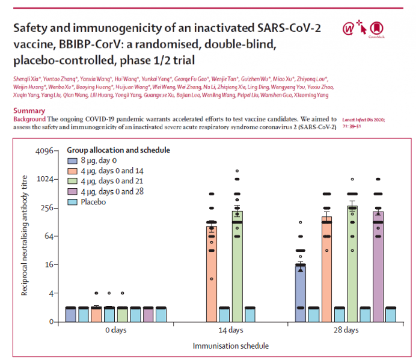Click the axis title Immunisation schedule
pyautogui.click(x=230, y=346)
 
